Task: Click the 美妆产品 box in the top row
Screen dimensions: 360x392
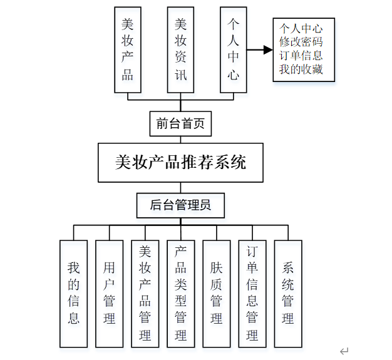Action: pyautogui.click(x=128, y=49)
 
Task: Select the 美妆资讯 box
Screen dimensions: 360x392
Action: pyautogui.click(x=181, y=49)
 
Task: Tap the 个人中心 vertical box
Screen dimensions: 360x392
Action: pyautogui.click(x=234, y=49)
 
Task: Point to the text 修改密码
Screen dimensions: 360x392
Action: pyautogui.click(x=301, y=42)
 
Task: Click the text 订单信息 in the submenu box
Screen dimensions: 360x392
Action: pyautogui.click(x=301, y=56)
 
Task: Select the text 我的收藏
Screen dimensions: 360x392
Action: pyautogui.click(x=301, y=69)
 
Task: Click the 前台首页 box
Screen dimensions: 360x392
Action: pyautogui.click(x=181, y=123)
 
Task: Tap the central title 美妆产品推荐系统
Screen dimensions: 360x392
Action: pyautogui.click(x=181, y=163)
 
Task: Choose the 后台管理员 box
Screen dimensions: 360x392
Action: pyautogui.click(x=181, y=204)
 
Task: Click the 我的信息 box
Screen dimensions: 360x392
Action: pyautogui.click(x=74, y=293)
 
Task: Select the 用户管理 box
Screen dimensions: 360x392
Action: pyautogui.click(x=110, y=293)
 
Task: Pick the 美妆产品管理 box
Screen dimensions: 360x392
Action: pyautogui.click(x=145, y=293)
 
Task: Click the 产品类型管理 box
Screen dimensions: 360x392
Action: pyautogui.click(x=181, y=293)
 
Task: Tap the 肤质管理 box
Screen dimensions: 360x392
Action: pyautogui.click(x=217, y=293)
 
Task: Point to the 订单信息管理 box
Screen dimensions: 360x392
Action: pyautogui.click(x=252, y=293)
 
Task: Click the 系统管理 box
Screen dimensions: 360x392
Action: pyautogui.click(x=288, y=293)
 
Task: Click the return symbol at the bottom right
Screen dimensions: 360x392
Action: pyautogui.click(x=344, y=351)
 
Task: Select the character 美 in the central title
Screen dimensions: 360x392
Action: pyautogui.click(x=124, y=163)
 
